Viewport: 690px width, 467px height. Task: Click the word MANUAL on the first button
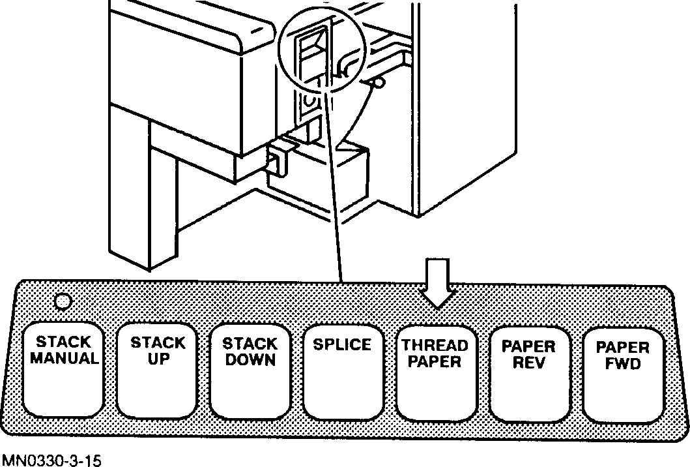pos(64,358)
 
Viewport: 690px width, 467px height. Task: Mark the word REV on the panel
pos(528,362)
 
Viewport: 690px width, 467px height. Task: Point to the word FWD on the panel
pos(622,364)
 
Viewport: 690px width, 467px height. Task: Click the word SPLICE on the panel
pos(343,344)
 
